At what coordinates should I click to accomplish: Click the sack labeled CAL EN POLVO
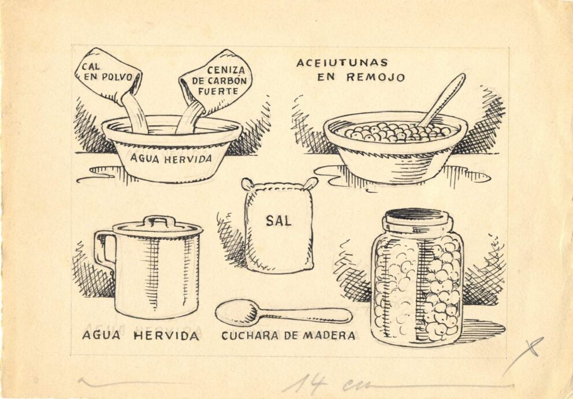(108, 76)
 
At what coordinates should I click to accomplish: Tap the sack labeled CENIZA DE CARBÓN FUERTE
(217, 82)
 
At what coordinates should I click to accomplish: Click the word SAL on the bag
(278, 221)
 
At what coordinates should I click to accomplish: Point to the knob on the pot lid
(159, 221)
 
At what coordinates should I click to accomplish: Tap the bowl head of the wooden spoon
(237, 313)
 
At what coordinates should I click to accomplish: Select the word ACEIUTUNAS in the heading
(342, 63)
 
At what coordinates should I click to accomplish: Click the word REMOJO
(375, 77)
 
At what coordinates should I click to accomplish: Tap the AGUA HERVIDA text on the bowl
(171, 159)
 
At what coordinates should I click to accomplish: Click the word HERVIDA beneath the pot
(166, 336)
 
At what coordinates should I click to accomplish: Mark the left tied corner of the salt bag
(247, 184)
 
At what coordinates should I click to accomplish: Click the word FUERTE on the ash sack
(218, 91)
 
